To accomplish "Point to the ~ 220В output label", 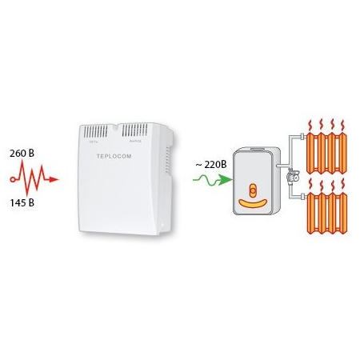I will coord(210,165).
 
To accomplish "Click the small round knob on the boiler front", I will coord(252,190).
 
